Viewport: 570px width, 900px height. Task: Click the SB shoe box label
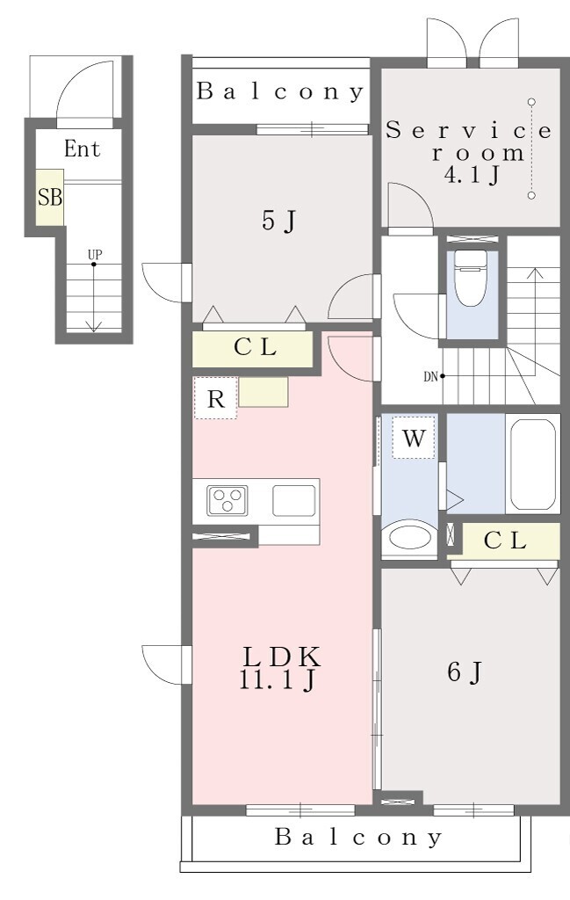(x=50, y=198)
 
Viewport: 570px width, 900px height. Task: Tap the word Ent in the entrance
(x=83, y=149)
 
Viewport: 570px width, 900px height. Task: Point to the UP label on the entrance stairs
(x=95, y=254)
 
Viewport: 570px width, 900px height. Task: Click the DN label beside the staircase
(x=430, y=376)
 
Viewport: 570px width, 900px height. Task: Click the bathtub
(x=532, y=464)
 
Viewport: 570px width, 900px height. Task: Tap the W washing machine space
(x=414, y=438)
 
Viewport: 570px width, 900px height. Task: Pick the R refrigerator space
(x=215, y=398)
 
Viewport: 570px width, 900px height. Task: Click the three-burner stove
(x=227, y=500)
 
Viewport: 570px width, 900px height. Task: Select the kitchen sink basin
(x=293, y=500)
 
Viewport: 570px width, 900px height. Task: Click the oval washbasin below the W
(x=409, y=538)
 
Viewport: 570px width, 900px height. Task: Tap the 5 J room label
(x=278, y=220)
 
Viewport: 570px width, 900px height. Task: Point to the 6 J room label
(x=464, y=671)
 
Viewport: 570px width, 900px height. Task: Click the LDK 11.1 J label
(x=279, y=668)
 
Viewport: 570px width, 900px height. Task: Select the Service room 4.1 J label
(x=469, y=151)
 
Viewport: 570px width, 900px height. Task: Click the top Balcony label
(x=280, y=91)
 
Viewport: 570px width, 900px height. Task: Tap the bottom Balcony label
(x=358, y=837)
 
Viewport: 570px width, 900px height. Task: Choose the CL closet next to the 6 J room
(x=504, y=541)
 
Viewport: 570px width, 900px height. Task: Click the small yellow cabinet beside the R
(x=263, y=392)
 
